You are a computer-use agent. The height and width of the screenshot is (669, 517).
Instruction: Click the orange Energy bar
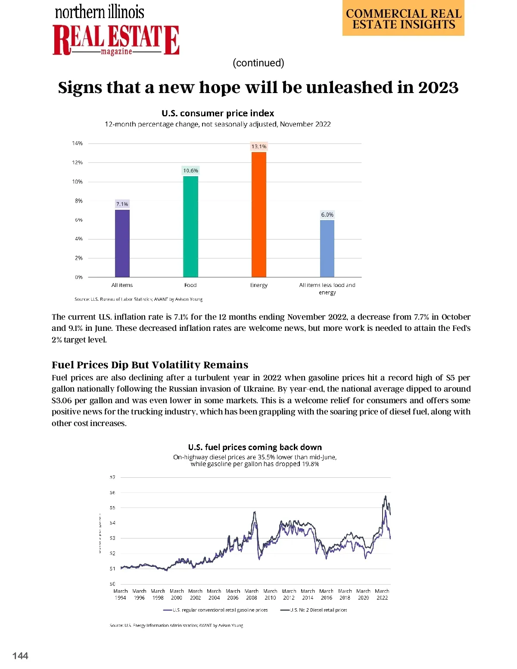click(258, 214)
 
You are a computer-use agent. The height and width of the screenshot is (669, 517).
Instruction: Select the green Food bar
click(190, 226)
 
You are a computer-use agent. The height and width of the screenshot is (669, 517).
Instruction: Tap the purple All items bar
click(122, 243)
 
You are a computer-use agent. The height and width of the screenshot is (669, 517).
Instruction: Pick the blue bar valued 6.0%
click(327, 248)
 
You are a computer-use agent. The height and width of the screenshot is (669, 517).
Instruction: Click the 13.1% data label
click(259, 146)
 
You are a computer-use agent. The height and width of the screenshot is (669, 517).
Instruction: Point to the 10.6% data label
click(190, 171)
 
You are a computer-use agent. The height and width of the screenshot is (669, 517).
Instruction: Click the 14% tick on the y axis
click(78, 143)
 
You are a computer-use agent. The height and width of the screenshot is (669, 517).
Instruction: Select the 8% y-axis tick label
click(78, 201)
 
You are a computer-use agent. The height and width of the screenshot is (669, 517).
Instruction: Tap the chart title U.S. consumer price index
click(218, 113)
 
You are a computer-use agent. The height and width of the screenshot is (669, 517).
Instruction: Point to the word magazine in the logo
click(116, 52)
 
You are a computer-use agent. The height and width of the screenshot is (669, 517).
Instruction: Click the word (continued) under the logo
click(258, 63)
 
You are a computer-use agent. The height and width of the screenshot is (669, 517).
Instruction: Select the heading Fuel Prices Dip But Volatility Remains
click(150, 365)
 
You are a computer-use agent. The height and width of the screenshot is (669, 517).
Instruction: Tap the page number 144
click(20, 656)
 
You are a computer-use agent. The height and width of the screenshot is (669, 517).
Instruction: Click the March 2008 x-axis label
click(252, 594)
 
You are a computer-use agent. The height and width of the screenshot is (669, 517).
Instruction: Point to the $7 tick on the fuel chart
click(112, 477)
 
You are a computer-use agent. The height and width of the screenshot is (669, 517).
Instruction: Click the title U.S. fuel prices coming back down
click(255, 447)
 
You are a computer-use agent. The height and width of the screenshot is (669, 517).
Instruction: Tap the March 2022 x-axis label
click(382, 594)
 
